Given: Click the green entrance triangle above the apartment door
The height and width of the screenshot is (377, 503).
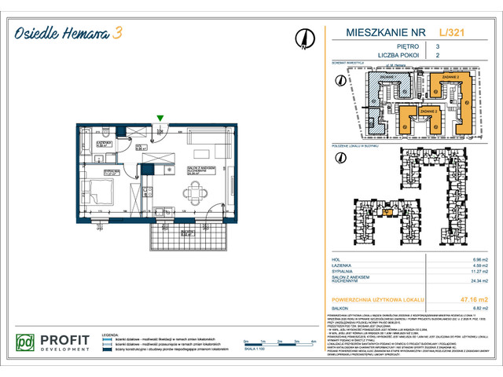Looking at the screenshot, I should [160, 119].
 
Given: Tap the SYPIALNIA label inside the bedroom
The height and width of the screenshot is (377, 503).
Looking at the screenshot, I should [112, 170].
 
